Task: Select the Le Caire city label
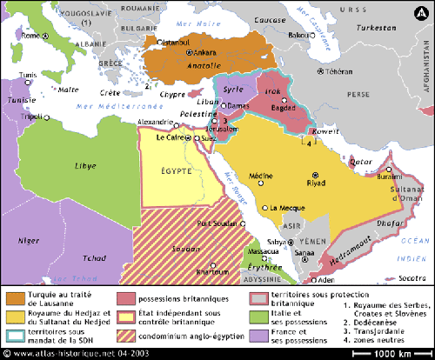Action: point(171,137)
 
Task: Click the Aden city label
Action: point(325,280)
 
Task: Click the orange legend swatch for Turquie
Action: point(15,297)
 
